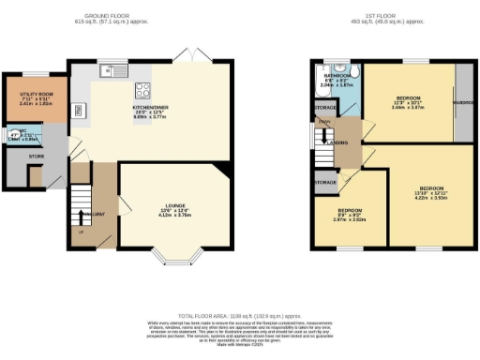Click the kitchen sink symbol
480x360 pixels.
click(114, 68)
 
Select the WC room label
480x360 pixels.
click(12, 134)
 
